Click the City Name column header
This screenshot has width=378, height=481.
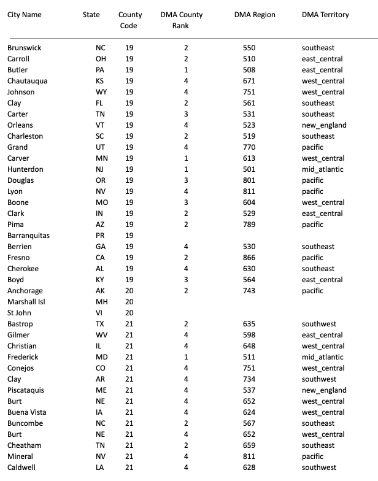pyautogui.click(x=25, y=15)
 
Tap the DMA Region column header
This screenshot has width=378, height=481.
pyautogui.click(x=255, y=15)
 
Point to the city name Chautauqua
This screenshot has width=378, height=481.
pyautogui.click(x=28, y=81)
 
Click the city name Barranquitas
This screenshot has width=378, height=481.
pyautogui.click(x=29, y=236)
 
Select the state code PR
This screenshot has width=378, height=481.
pyautogui.click(x=101, y=236)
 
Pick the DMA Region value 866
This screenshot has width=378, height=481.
pyautogui.click(x=249, y=258)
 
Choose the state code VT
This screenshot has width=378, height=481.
pyautogui.click(x=101, y=125)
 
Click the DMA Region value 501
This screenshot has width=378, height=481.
pyautogui.click(x=249, y=169)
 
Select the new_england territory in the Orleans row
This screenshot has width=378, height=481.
pyautogui.click(x=324, y=125)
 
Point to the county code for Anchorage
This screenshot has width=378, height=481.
pyautogui.click(x=129, y=291)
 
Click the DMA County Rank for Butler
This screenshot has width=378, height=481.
pyautogui.click(x=185, y=70)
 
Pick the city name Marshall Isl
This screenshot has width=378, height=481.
pyautogui.click(x=26, y=302)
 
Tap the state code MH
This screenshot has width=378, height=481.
pyautogui.click(x=101, y=302)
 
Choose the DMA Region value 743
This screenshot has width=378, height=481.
pyautogui.click(x=249, y=291)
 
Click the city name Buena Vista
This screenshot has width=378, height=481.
pyautogui.click(x=26, y=412)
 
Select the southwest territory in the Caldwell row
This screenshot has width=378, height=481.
pyautogui.click(x=320, y=468)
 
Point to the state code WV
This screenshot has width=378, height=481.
pyautogui.click(x=101, y=335)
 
